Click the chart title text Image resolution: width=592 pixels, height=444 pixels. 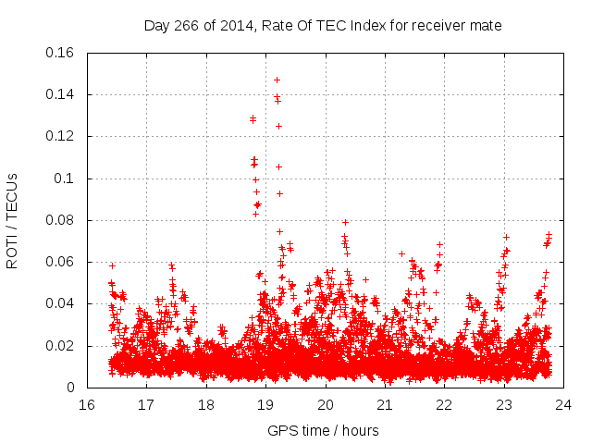tap(323, 26)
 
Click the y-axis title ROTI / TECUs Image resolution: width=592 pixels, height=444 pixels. tap(12, 220)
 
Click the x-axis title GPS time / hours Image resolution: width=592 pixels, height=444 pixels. tap(323, 431)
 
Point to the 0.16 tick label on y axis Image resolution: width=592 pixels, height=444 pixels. tap(61, 53)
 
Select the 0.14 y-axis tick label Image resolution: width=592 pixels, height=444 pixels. tap(61, 94)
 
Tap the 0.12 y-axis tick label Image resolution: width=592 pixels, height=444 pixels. tap(61, 136)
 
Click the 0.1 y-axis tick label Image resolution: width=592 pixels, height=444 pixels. tap(65, 179)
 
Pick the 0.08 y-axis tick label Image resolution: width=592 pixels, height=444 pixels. tap(61, 220)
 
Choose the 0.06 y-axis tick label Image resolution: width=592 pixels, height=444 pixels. tap(61, 262)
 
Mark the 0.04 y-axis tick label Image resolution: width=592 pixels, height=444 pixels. tap(61, 303)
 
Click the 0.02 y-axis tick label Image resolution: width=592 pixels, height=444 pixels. tap(61, 346)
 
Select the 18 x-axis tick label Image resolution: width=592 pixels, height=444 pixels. tap(206, 405)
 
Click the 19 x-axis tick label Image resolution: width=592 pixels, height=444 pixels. tap(265, 405)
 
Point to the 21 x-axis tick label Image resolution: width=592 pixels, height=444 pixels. tap(385, 405)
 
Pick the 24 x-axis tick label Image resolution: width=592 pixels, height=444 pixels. tap(563, 405)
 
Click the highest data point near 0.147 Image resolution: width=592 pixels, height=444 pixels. tap(277, 80)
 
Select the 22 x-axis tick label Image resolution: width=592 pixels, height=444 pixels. tap(444, 405)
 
